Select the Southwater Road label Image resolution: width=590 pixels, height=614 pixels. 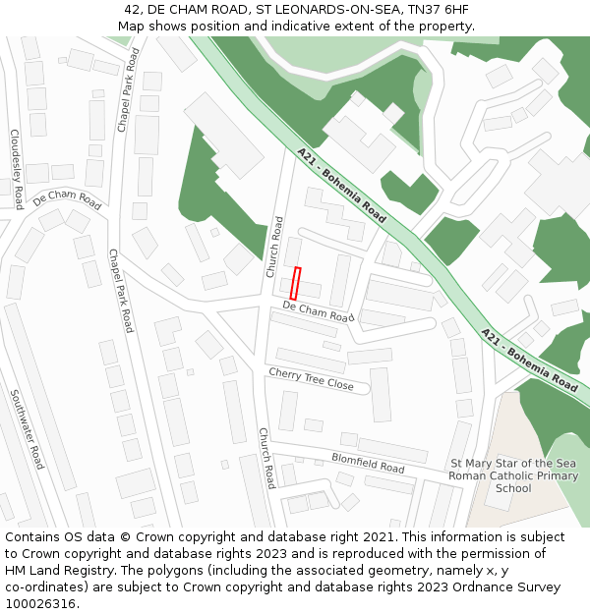(27, 428)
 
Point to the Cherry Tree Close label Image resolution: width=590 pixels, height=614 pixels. (311, 379)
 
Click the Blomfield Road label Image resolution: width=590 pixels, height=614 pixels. (368, 463)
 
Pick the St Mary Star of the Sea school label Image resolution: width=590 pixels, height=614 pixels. (513, 475)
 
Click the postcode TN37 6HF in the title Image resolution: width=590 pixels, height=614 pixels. (440, 10)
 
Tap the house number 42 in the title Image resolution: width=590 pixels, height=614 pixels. (133, 10)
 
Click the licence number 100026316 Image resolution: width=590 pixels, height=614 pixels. (42, 603)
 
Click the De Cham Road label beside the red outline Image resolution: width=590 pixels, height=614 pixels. (318, 311)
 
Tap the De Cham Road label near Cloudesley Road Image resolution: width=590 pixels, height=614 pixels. (67, 198)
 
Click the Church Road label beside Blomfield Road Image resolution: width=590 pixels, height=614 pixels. (266, 458)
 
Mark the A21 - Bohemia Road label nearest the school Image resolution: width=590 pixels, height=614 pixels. (529, 361)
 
